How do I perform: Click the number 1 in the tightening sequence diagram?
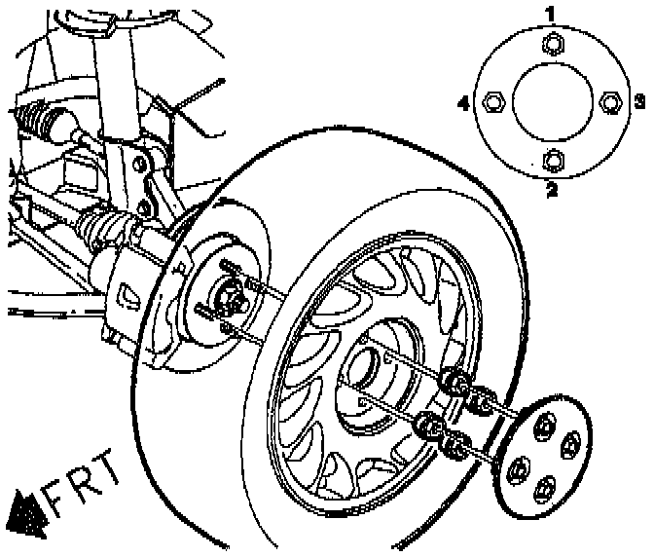click(x=551, y=14)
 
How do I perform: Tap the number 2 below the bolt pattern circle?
click(x=552, y=189)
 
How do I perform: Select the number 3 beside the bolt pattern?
click(x=639, y=100)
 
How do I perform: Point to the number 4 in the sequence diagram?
click(x=464, y=100)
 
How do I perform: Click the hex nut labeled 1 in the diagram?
click(x=552, y=43)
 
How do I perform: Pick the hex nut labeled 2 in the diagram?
click(x=552, y=159)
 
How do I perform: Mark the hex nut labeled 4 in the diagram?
click(x=492, y=100)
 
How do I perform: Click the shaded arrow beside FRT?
click(x=27, y=511)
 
